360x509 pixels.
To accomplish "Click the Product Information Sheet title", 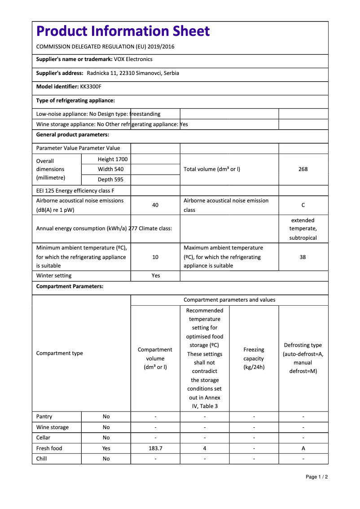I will [x=123, y=31].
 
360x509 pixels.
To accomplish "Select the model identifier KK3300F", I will [x=91, y=87].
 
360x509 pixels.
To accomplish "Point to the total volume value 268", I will [x=303, y=169].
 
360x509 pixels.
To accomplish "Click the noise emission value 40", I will [x=155, y=205].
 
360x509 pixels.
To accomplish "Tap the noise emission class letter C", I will [x=303, y=205].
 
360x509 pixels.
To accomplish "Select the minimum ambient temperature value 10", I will [x=155, y=257].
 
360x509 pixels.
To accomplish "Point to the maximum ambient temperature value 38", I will [x=303, y=257].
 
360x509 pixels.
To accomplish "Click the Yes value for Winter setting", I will [x=155, y=276].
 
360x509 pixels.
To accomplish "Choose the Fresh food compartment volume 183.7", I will [x=155, y=448].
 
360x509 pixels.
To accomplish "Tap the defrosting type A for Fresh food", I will [x=303, y=448].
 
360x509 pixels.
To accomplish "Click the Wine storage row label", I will [x=53, y=427].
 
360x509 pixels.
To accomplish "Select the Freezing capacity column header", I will [x=254, y=358].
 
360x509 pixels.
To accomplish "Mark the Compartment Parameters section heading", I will [x=70, y=286].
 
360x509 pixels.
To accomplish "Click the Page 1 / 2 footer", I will [x=316, y=477].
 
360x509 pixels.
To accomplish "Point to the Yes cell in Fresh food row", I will [x=106, y=448].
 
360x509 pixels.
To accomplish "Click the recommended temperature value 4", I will [x=205, y=448].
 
